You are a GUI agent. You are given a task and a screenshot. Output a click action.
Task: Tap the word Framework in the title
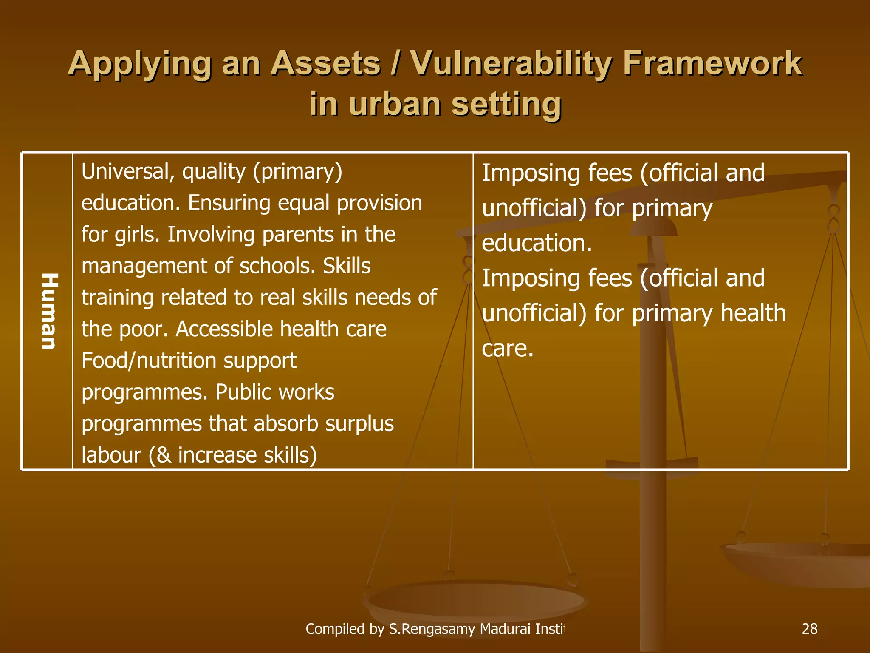click(x=712, y=64)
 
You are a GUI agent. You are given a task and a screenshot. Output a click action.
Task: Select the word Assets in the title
click(x=325, y=64)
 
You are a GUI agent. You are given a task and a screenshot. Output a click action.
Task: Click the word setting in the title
click(x=506, y=104)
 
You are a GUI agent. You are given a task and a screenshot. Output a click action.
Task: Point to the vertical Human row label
click(x=49, y=311)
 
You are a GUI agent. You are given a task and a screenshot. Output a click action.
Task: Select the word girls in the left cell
click(x=137, y=235)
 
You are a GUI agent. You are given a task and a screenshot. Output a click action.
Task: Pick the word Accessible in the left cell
click(x=224, y=329)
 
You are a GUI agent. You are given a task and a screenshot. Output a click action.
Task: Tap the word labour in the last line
click(x=111, y=455)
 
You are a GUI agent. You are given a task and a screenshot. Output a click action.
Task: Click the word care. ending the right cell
click(x=507, y=349)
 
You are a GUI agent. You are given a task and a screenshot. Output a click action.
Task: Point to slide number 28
click(x=810, y=629)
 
